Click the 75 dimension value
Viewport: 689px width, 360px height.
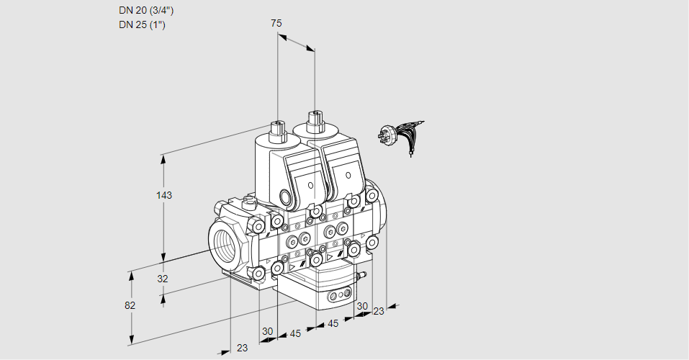tap(276, 23)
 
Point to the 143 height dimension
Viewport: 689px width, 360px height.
tap(166, 195)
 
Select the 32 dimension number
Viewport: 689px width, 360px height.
tap(163, 279)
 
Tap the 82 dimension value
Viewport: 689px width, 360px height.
tap(130, 305)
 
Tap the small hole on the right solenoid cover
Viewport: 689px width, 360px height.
tap(347, 176)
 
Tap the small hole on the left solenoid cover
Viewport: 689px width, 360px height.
tap(311, 186)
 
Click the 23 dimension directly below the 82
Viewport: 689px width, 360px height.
tap(242, 348)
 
